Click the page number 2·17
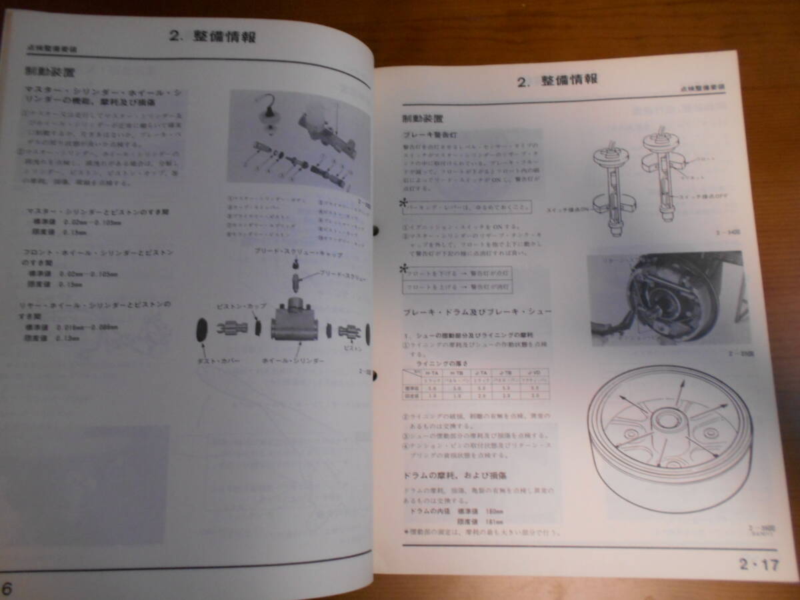click(759, 565)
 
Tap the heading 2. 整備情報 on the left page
click(212, 36)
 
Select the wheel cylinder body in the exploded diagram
click(298, 326)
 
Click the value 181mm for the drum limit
click(494, 521)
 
